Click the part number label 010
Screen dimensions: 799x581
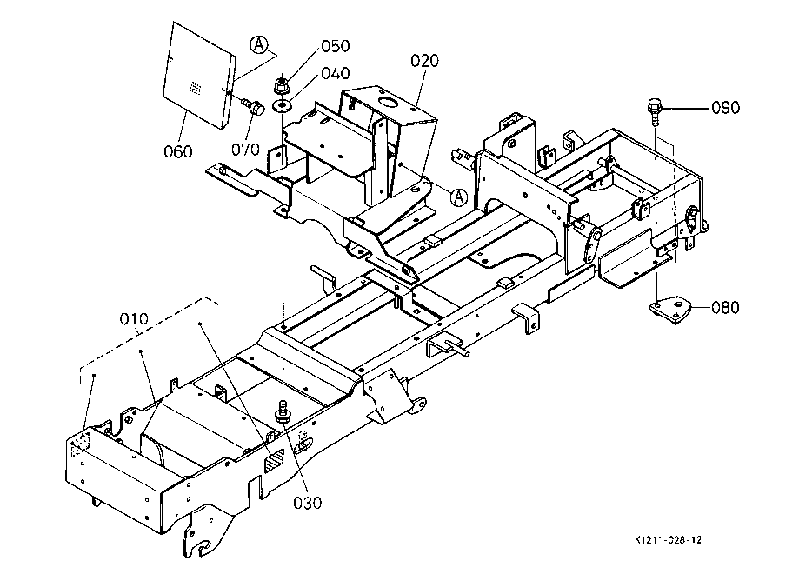click(134, 319)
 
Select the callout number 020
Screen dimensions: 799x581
click(424, 61)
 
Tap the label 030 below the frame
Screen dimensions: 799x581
click(307, 503)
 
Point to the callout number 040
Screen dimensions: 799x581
click(336, 73)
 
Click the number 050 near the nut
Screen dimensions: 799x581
click(336, 46)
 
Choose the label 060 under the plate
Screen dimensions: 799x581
click(178, 151)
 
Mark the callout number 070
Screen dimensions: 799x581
click(245, 150)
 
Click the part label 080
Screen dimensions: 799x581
click(724, 307)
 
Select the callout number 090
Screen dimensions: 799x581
click(725, 108)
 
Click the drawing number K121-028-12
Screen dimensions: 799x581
click(668, 540)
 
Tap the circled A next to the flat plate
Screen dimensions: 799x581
click(259, 45)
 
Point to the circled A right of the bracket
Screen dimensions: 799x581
click(459, 197)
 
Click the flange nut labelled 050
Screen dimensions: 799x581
click(280, 85)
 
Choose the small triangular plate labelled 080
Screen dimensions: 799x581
click(669, 310)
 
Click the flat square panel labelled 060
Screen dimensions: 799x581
click(199, 75)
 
